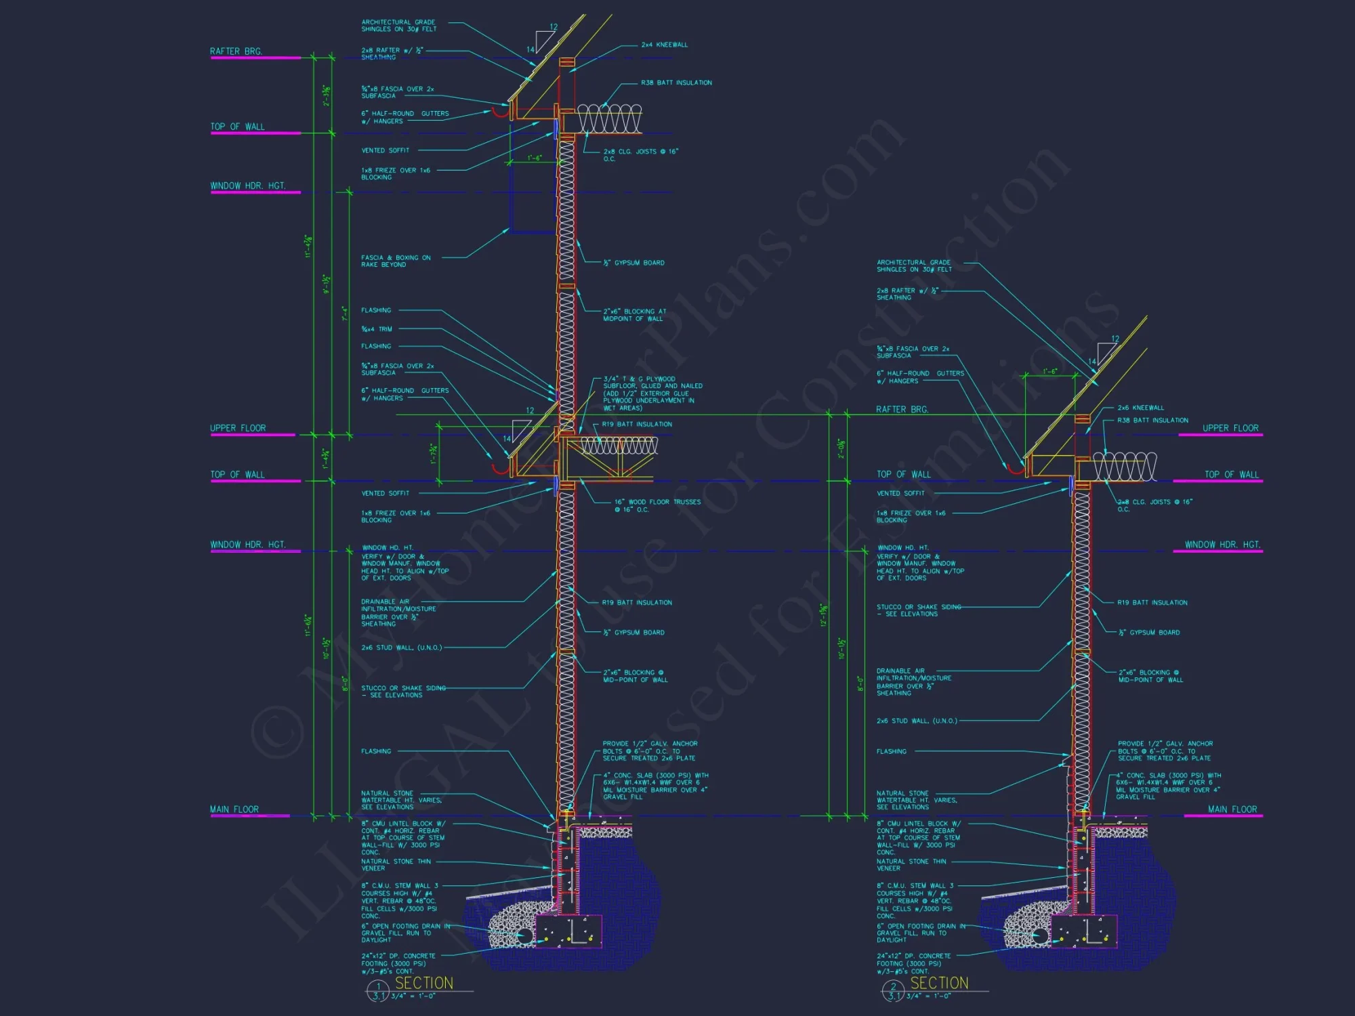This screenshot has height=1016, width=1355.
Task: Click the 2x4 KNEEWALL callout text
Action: tap(664, 45)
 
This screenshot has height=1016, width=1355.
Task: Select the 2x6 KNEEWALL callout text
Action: tap(1140, 408)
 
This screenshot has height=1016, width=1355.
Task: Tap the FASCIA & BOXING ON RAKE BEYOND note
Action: tap(395, 261)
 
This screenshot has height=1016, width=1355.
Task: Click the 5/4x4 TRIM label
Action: tap(376, 329)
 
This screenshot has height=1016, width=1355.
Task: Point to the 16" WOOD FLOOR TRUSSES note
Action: tap(657, 505)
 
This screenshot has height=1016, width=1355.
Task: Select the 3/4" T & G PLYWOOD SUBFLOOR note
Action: tap(652, 394)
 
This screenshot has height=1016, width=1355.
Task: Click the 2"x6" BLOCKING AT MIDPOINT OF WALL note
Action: tap(634, 315)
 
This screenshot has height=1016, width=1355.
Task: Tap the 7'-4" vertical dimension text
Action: tap(345, 313)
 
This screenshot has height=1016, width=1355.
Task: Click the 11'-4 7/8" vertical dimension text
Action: tap(309, 246)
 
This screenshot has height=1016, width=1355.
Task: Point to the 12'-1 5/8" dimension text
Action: tap(824, 615)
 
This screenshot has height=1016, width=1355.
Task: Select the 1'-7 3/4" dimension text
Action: tap(434, 454)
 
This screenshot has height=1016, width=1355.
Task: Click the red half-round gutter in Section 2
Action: tap(1014, 467)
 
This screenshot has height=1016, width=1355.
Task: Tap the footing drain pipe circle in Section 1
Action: tap(524, 935)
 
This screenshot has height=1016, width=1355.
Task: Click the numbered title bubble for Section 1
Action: tap(377, 991)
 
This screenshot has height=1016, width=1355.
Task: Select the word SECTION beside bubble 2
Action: tap(939, 983)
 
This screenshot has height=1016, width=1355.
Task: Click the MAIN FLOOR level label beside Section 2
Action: tap(1232, 809)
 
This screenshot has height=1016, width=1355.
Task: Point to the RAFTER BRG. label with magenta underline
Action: tap(236, 51)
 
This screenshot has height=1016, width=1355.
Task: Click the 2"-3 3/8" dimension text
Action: tap(327, 96)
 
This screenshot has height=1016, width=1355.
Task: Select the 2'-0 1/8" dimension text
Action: tap(841, 448)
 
